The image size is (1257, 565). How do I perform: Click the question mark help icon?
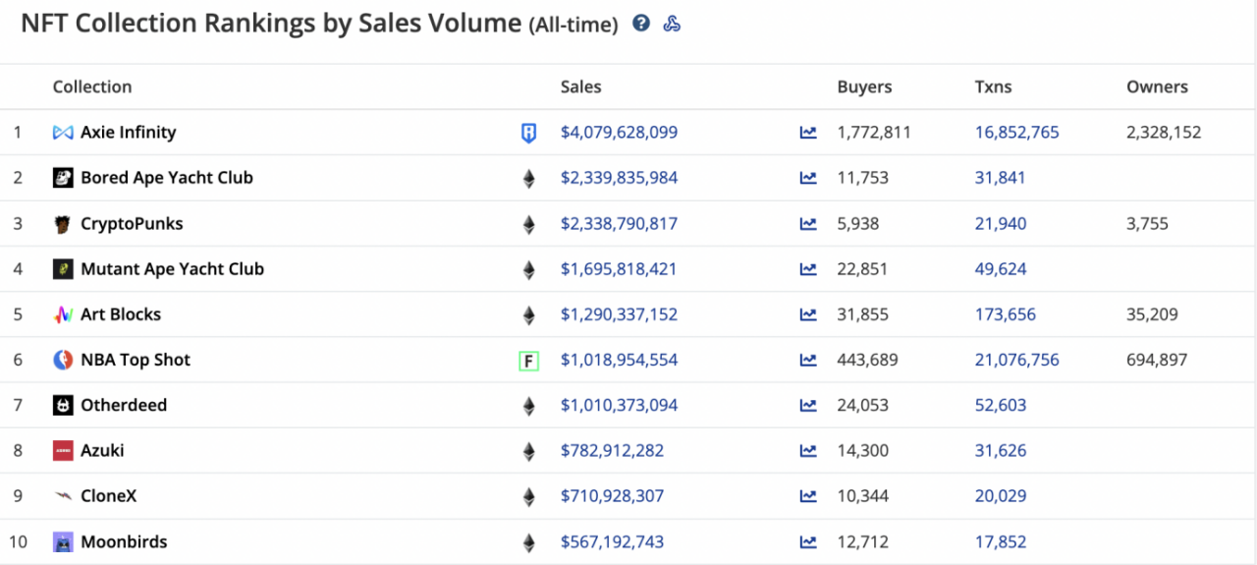641,23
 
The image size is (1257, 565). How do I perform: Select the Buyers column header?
864,86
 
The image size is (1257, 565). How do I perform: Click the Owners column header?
1157,86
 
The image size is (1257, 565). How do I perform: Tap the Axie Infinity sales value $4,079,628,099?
619,132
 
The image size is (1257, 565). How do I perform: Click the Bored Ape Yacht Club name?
167,178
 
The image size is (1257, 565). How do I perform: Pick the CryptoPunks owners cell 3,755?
1147,223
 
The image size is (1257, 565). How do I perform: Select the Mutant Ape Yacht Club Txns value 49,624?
1001,269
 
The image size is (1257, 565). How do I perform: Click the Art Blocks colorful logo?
63,314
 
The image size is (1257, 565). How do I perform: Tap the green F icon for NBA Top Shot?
528,361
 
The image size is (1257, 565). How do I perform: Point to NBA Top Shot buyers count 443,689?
867,360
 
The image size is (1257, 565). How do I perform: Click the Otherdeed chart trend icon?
808,405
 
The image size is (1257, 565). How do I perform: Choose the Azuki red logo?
63,450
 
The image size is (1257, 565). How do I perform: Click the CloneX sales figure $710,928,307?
612,496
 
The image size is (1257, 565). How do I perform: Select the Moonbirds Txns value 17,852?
1001,541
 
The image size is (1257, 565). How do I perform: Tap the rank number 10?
18,541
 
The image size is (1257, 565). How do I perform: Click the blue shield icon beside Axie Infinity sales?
528,133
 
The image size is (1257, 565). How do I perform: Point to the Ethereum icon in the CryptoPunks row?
528,225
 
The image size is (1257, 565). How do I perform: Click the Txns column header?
993,86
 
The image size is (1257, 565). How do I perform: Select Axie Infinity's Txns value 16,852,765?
1016,132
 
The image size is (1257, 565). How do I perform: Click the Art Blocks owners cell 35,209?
1152,314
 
